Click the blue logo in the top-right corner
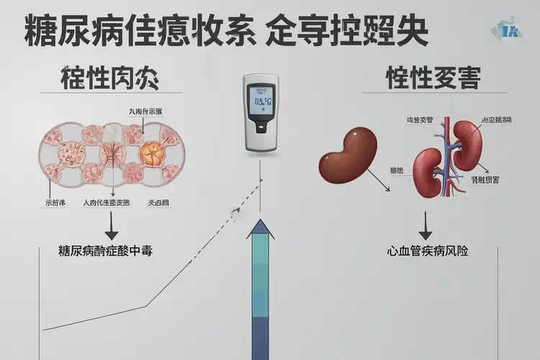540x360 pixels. click(x=512, y=30)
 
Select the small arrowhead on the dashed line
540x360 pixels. click(x=235, y=211)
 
